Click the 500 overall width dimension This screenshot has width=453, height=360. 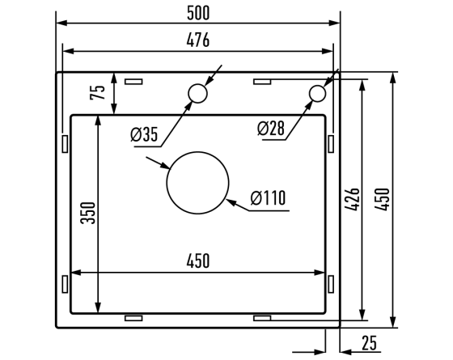[x=197, y=11]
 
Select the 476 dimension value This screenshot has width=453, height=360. [x=197, y=40]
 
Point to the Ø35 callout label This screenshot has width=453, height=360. [x=143, y=135]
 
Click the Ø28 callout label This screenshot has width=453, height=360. [x=272, y=128]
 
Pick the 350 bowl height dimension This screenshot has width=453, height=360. [x=89, y=213]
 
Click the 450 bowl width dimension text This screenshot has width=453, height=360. [x=197, y=260]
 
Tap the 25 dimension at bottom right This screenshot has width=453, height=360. [x=370, y=343]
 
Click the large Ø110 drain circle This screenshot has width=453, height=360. [x=197, y=183]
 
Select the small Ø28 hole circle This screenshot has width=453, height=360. [x=316, y=94]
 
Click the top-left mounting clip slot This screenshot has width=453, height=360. [x=133, y=82]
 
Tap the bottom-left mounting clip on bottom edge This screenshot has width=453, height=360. [x=133, y=318]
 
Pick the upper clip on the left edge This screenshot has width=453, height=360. [x=64, y=142]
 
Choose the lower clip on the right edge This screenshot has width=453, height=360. [x=331, y=283]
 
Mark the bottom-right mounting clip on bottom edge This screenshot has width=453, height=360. [x=262, y=318]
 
